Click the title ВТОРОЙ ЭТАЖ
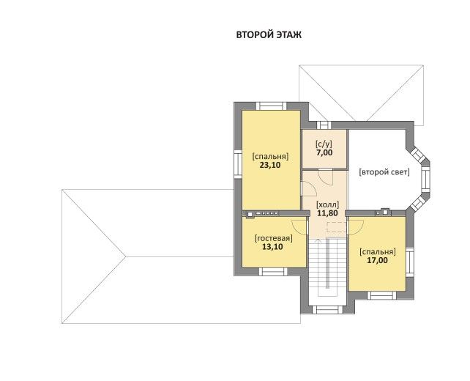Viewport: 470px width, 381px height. pos(269,34)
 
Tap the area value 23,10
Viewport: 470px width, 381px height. pos(270,165)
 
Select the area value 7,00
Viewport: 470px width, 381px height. pos(324,152)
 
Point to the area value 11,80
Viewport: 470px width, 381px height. pos(328,213)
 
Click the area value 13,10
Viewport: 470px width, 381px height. pos(272,247)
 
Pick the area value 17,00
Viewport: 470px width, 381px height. pos(377,260)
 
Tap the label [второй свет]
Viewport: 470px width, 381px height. pos(384,172)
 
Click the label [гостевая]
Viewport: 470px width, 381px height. pos(273,239)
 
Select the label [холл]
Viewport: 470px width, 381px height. pos(328,205)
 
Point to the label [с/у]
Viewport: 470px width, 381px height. pos(324,144)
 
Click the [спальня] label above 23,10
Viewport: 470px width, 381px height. pos(270,156)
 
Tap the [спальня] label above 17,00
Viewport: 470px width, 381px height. pos(378,252)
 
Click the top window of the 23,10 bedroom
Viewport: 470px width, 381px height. pos(272,106)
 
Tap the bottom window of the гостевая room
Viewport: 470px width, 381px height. pos(273,272)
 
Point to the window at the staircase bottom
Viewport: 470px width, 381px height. pos(326,310)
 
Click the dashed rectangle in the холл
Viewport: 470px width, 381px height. pos(336,228)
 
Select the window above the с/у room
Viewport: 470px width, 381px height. pos(324,125)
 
